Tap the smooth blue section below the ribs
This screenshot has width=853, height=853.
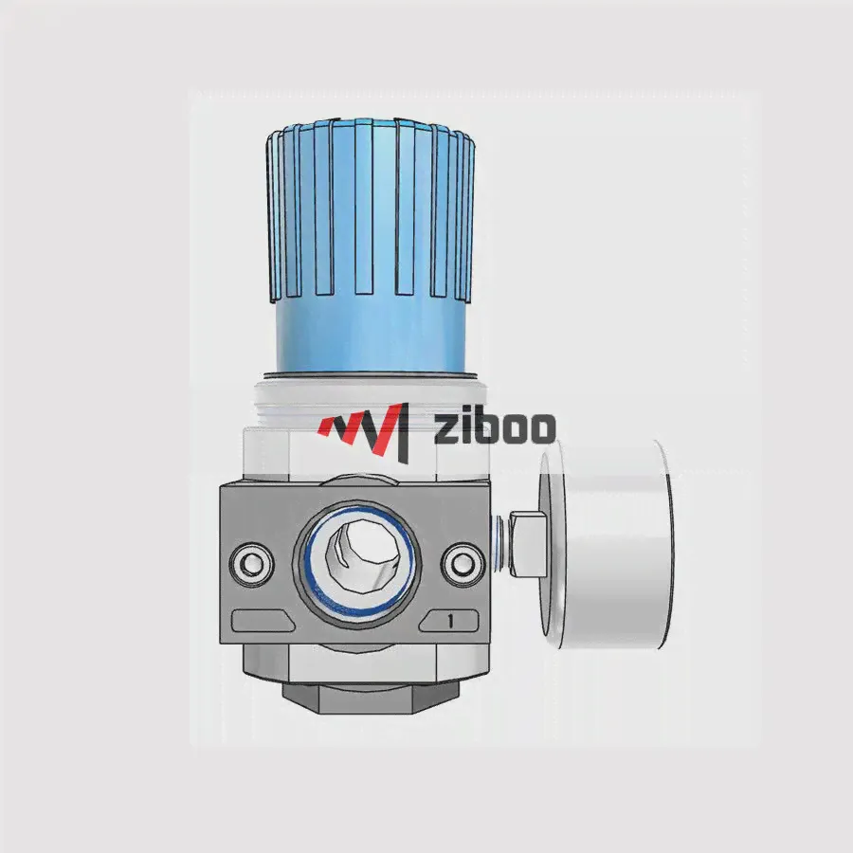click(x=370, y=335)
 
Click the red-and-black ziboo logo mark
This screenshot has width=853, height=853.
click(x=364, y=432)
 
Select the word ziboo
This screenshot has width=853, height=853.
click(x=494, y=427)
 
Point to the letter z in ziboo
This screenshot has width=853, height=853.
click(x=445, y=431)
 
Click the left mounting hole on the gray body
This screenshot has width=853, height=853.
click(x=251, y=564)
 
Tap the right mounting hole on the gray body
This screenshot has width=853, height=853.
click(x=463, y=564)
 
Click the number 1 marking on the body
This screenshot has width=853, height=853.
click(x=450, y=621)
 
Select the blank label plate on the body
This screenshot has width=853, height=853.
click(x=263, y=621)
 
